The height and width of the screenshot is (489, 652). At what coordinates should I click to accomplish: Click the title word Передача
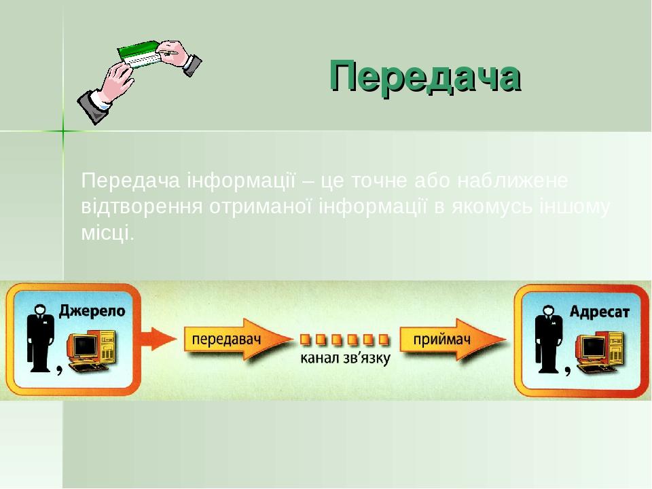coord(425,75)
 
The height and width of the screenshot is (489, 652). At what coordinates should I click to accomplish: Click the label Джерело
coord(92,311)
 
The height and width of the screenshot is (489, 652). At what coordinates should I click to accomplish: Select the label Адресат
coord(600,312)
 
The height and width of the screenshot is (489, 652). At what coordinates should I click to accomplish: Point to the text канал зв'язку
coord(346,358)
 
